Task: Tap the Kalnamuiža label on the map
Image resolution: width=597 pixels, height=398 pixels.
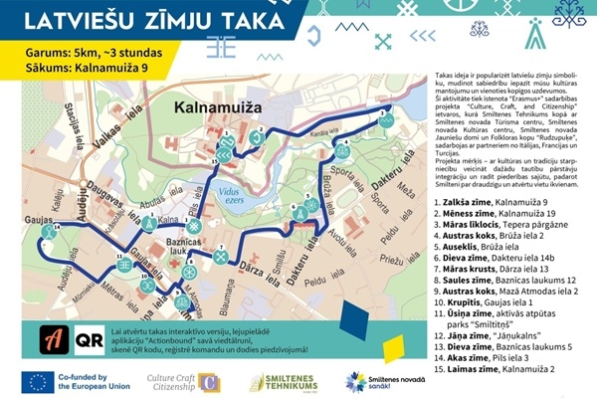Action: pos(214,104)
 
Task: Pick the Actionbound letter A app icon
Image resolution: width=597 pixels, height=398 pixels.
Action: pos(53,338)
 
